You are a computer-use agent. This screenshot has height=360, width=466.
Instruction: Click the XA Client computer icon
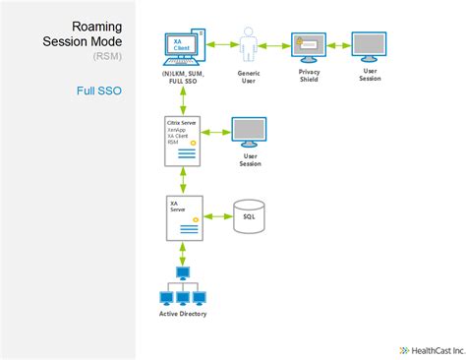(x=184, y=46)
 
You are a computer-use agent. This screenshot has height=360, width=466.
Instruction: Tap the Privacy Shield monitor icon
(x=308, y=46)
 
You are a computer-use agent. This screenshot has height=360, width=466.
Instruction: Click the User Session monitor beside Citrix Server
(x=245, y=130)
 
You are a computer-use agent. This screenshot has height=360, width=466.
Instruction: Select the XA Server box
(x=183, y=217)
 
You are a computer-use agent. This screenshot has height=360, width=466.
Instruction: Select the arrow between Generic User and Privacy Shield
(x=277, y=44)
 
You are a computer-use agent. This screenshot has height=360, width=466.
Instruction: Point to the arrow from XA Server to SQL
(x=215, y=216)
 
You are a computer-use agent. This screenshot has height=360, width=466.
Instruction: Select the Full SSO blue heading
(x=98, y=90)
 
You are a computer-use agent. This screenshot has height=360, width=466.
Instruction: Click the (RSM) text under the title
(x=109, y=58)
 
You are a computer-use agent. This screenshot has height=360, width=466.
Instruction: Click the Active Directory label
(x=183, y=314)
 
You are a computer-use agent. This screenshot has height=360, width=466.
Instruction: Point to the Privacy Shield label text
(x=308, y=75)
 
